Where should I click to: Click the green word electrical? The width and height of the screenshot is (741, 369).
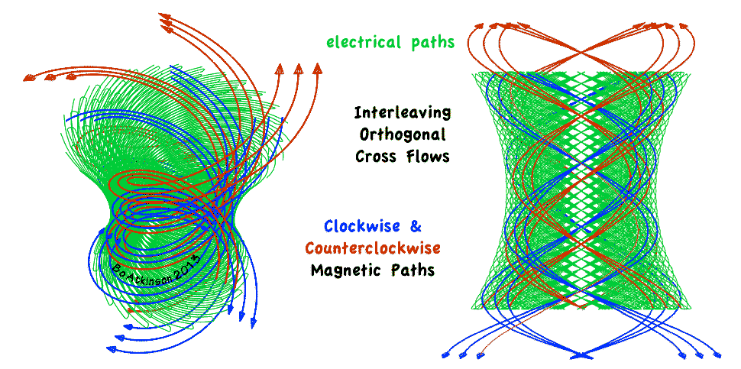click(x=363, y=42)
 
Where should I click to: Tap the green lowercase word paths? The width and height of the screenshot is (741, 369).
click(x=429, y=43)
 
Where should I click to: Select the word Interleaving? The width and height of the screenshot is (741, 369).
click(x=402, y=113)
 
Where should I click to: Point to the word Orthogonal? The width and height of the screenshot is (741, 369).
click(x=402, y=134)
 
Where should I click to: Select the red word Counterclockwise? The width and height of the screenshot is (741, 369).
click(x=372, y=248)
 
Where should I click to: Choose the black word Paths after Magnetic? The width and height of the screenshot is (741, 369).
click(x=413, y=270)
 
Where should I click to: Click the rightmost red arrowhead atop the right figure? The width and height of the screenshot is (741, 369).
click(x=691, y=28)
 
